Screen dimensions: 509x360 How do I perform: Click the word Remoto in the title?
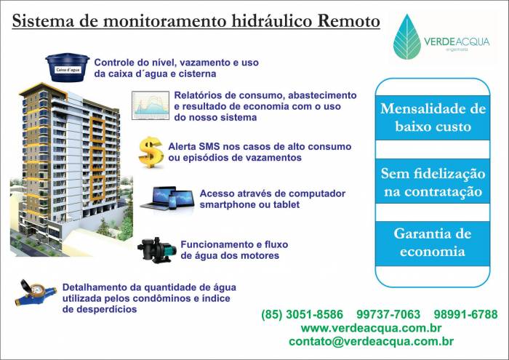[x=348, y=21]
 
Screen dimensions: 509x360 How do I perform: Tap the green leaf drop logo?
[x=407, y=36]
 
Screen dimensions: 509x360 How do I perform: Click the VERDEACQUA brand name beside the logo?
[x=457, y=41]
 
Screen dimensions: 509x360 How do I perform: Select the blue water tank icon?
[x=67, y=67]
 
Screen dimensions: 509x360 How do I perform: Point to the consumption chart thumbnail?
[x=151, y=105]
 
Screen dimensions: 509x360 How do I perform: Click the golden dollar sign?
[x=151, y=152]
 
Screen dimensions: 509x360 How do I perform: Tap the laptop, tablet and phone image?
[x=167, y=198]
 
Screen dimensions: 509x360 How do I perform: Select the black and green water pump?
[x=157, y=250]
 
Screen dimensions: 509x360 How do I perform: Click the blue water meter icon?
[x=36, y=293]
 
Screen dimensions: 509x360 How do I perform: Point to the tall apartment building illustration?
[x=71, y=169]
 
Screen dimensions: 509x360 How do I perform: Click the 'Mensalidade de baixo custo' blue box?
[x=433, y=118]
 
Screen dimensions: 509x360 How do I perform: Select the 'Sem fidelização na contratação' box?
[x=433, y=182]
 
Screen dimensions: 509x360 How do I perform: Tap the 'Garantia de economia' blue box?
[x=433, y=243]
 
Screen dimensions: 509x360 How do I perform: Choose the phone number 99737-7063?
[x=388, y=314]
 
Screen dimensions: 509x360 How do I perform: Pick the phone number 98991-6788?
[x=465, y=314]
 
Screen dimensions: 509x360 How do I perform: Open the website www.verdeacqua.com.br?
[x=371, y=328]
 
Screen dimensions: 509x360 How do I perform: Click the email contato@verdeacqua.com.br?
[x=371, y=341]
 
